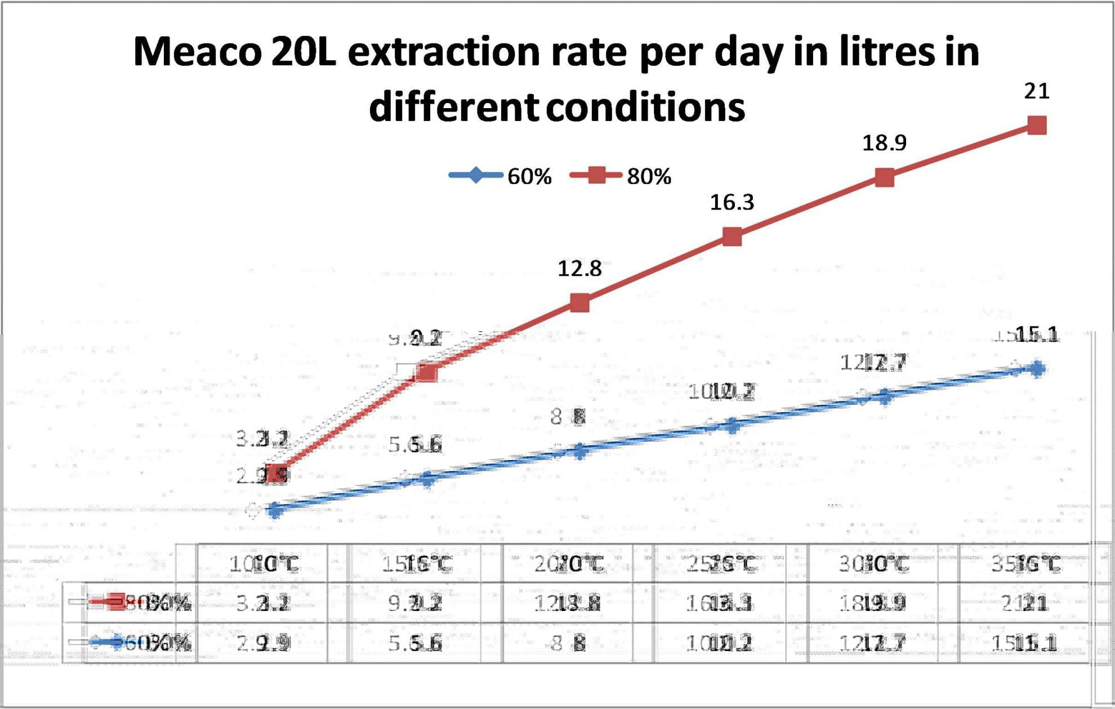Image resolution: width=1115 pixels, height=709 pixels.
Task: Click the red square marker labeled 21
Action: [x=1037, y=125]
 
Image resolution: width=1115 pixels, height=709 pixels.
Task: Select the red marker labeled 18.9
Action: [x=885, y=178]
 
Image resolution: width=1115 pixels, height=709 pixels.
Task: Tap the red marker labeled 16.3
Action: [x=732, y=237]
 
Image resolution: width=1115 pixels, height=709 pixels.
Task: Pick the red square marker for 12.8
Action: [x=579, y=303]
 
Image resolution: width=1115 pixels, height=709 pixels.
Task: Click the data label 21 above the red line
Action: [x=1037, y=91]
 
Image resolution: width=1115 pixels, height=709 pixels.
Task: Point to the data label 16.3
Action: [x=732, y=202]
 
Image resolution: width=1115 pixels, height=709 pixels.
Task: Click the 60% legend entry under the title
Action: [x=501, y=176]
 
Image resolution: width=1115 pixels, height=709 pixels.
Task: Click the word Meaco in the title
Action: [x=197, y=52]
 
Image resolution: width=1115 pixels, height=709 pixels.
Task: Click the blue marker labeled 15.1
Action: [x=1037, y=369]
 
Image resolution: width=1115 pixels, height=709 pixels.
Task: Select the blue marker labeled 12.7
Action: [x=885, y=397]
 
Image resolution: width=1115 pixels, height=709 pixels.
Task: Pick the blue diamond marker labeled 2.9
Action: [x=275, y=510]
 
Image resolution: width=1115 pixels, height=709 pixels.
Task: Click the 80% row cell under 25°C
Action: [x=720, y=603]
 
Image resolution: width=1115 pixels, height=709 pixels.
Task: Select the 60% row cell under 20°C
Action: [x=569, y=643]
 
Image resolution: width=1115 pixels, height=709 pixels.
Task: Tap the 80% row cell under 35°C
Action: [x=1025, y=603]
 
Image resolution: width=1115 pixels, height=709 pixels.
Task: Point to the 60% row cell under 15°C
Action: [x=416, y=643]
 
